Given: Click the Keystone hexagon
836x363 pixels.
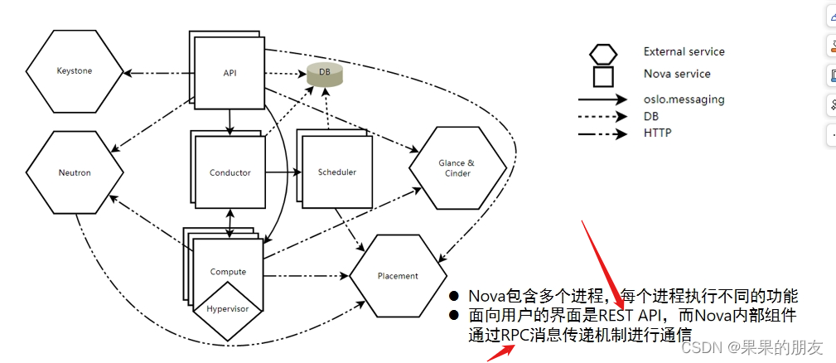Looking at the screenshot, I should pyautogui.click(x=75, y=71).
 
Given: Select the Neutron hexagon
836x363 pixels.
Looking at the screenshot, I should pyautogui.click(x=75, y=173).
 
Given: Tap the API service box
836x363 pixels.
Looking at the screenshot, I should pyautogui.click(x=230, y=74).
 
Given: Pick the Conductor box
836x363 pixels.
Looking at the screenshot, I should pyautogui.click(x=230, y=173).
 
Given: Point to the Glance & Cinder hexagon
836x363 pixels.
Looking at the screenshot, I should pyautogui.click(x=457, y=168).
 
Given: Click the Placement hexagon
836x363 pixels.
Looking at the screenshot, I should pyautogui.click(x=398, y=276).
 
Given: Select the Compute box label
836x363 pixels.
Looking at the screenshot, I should pyautogui.click(x=228, y=272).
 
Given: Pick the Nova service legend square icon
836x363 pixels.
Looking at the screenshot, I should pyautogui.click(x=602, y=75).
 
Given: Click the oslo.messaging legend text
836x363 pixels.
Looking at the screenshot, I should pyautogui.click(x=684, y=99).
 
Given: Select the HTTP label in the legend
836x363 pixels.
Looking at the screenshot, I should pyautogui.click(x=657, y=133).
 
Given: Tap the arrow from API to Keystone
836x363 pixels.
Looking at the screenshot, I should pyautogui.click(x=157, y=73).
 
